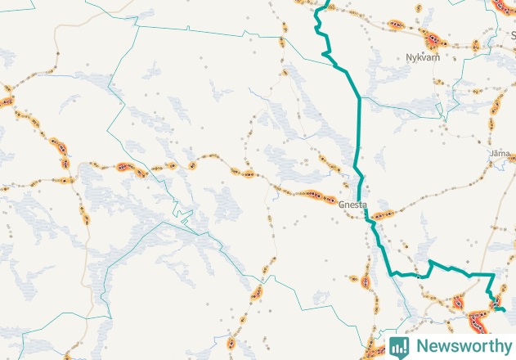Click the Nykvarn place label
pos(423,58)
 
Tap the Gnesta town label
pos(352,205)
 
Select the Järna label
pos(499,153)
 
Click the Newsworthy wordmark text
pos(463,345)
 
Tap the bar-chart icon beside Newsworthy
pos(399,346)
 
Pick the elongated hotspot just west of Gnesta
pos(315,196)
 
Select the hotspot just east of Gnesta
pos(383,215)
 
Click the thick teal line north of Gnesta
pos(357,123)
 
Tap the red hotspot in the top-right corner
pos(502,6)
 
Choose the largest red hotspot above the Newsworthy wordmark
pos(460,304)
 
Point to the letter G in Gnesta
pos(341,205)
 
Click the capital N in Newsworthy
pos(421,345)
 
